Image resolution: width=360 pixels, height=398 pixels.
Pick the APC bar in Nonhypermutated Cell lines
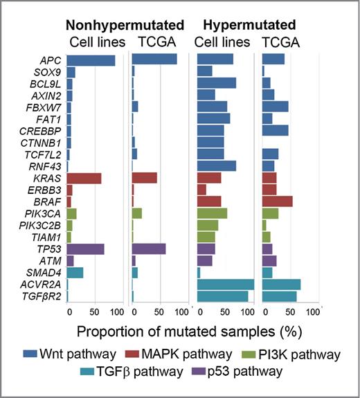pyautogui.click(x=91, y=60)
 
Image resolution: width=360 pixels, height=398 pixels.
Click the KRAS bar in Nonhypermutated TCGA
pyautogui.click(x=144, y=178)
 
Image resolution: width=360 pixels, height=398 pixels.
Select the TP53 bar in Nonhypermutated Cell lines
pyautogui.click(x=85, y=248)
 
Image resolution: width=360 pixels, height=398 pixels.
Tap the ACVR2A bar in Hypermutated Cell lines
pyautogui.click(x=226, y=284)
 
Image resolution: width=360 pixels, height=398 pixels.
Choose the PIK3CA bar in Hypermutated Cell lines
pyautogui.click(x=212, y=213)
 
